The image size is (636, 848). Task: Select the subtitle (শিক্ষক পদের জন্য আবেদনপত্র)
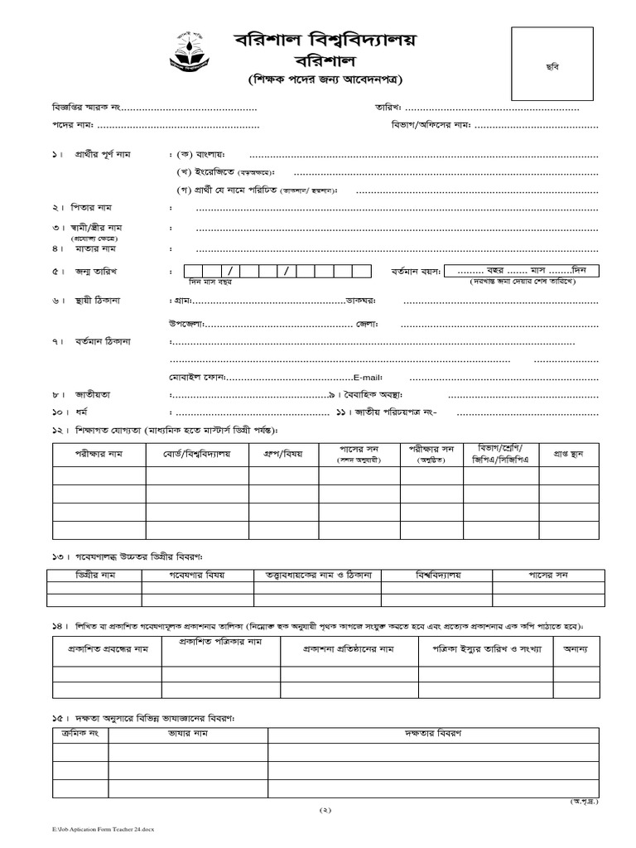pos(325,81)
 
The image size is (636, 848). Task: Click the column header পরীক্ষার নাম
pos(99,454)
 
